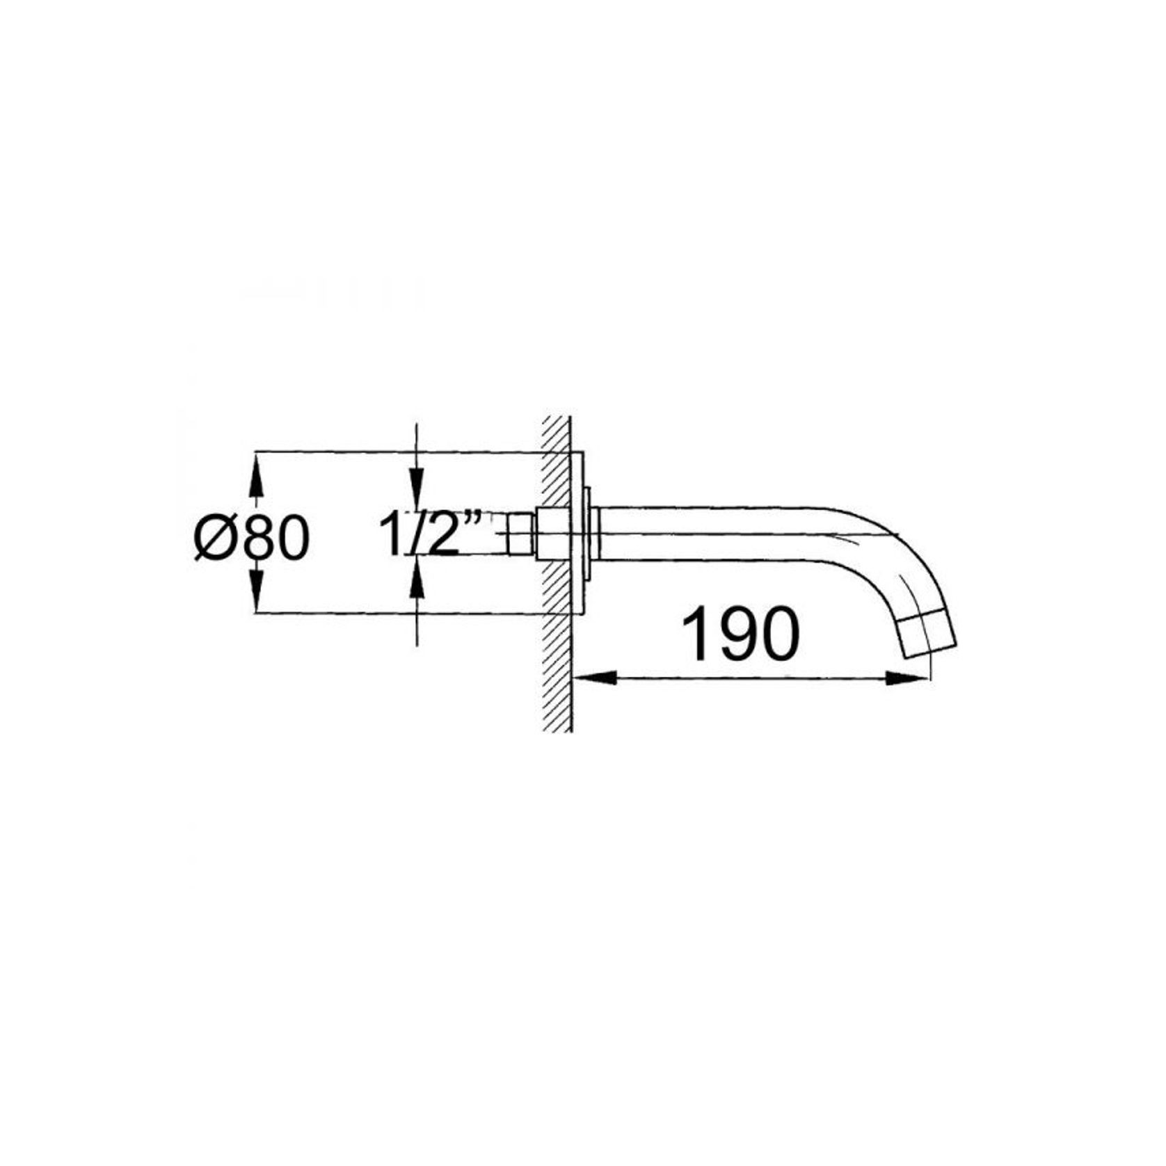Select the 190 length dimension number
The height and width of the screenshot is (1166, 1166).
coord(740,634)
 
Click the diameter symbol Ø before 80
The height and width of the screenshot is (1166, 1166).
coord(211,537)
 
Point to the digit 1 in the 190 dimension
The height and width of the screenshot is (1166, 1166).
coord(696,634)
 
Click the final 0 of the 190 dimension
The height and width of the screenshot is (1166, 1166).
coord(779,634)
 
